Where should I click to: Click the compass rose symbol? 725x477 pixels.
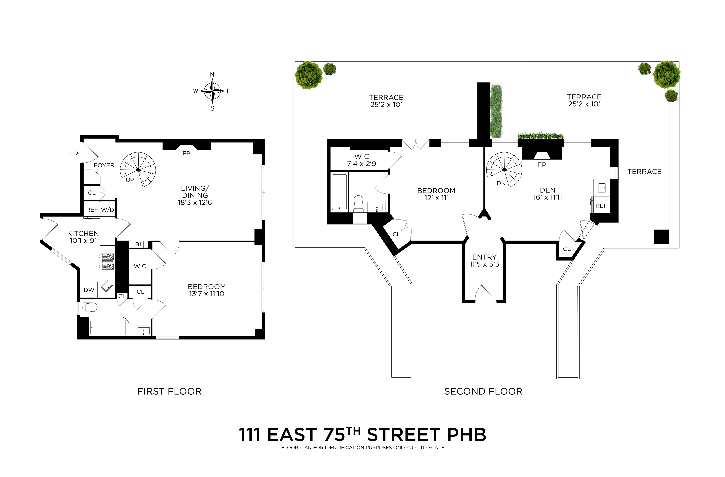pyautogui.click(x=212, y=91)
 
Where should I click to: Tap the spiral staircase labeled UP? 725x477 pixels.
pyautogui.click(x=138, y=169)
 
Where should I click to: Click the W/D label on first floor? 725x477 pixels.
pyautogui.click(x=108, y=210)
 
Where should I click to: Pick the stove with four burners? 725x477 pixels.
pyautogui.click(x=108, y=262)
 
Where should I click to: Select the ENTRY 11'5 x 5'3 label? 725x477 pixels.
pyautogui.click(x=484, y=260)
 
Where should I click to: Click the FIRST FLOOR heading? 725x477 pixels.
pyautogui.click(x=169, y=391)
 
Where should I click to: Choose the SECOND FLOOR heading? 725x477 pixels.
pyautogui.click(x=483, y=391)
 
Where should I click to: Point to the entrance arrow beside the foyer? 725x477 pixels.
pyautogui.click(x=74, y=153)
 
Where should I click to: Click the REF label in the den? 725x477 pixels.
pyautogui.click(x=601, y=206)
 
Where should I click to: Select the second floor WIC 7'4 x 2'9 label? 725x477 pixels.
pyautogui.click(x=361, y=160)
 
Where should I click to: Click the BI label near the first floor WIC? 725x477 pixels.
pyautogui.click(x=138, y=244)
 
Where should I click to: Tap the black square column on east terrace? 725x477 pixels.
pyautogui.click(x=662, y=236)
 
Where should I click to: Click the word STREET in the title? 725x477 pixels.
pyautogui.click(x=404, y=435)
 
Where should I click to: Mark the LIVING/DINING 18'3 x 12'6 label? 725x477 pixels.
pyautogui.click(x=195, y=195)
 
